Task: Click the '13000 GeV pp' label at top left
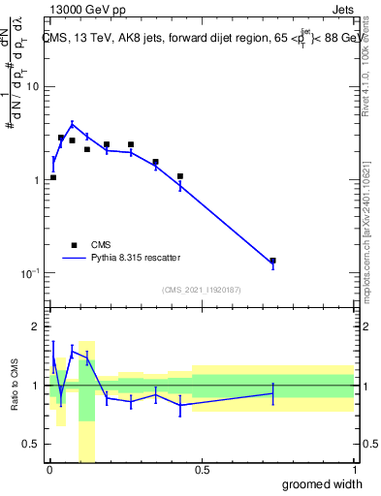coord(83,10)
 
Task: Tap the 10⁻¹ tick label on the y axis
coord(29,274)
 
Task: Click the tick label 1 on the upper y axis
coord(36,181)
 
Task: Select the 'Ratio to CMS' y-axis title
coord(15,386)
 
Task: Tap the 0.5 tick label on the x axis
coord(202,471)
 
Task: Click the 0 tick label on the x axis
coord(48,471)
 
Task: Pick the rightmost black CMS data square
coord(272,261)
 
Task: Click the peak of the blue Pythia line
coord(72,124)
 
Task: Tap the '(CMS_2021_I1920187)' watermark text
coord(202,290)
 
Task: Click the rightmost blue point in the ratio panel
coord(272,393)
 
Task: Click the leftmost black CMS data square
coord(52,177)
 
